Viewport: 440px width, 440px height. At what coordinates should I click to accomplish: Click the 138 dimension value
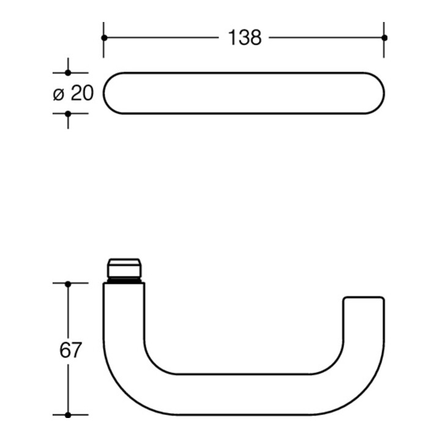point(244,38)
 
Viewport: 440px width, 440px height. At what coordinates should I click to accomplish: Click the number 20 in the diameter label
point(82,93)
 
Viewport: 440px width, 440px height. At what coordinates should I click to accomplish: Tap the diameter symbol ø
point(59,94)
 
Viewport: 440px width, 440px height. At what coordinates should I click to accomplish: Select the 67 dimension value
point(70,350)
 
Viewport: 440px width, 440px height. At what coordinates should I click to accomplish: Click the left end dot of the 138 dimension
point(104,38)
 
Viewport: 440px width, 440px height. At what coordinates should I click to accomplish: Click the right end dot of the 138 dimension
point(384,38)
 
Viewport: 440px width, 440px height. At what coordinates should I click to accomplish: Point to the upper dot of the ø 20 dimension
point(68,73)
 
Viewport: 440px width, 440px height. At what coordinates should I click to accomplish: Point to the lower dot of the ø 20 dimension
point(68,114)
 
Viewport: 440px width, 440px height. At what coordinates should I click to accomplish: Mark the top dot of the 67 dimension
point(68,284)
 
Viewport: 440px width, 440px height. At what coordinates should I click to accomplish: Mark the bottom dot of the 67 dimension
point(68,415)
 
